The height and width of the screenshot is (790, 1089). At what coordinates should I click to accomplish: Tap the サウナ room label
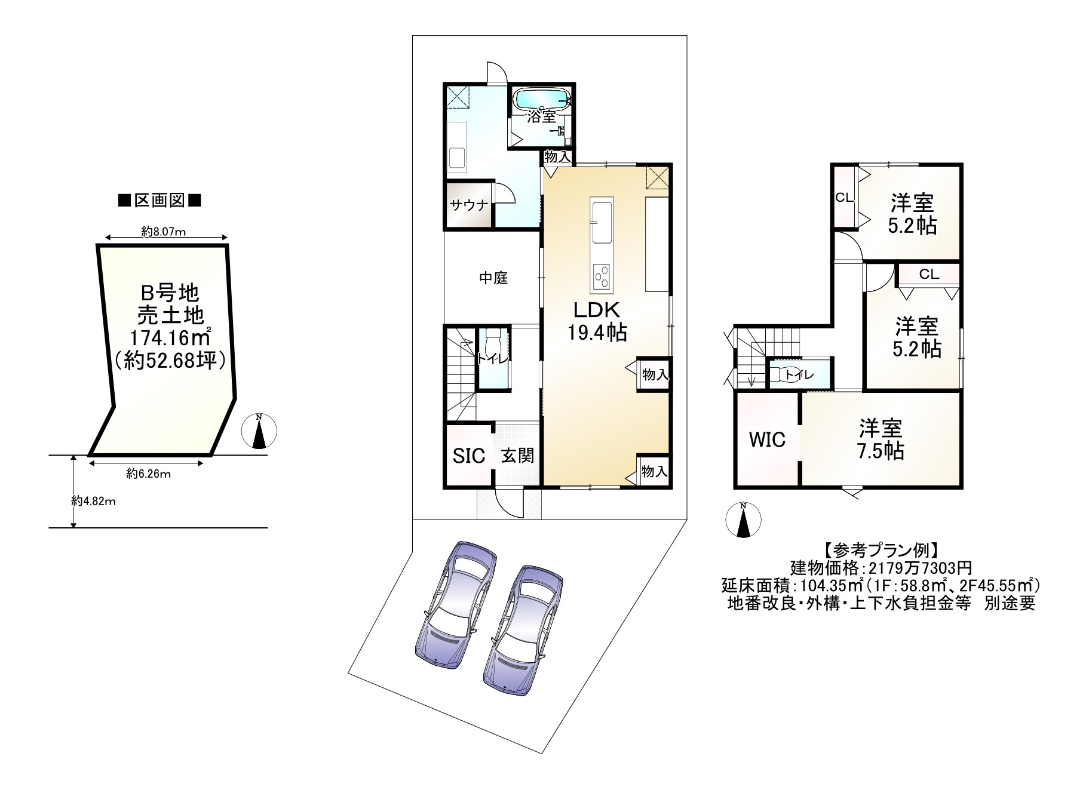pyautogui.click(x=469, y=205)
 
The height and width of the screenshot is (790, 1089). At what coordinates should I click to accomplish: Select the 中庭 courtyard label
pyautogui.click(x=493, y=278)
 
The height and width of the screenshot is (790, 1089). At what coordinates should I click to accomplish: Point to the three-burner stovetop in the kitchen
pyautogui.click(x=602, y=278)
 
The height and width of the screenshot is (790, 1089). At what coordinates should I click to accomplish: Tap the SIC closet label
pyautogui.click(x=469, y=456)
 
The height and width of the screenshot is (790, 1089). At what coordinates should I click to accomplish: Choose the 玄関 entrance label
pyautogui.click(x=517, y=456)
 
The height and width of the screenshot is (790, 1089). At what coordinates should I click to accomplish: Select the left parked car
pyautogui.click(x=455, y=604)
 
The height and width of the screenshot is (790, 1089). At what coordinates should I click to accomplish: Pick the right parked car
pyautogui.click(x=523, y=629)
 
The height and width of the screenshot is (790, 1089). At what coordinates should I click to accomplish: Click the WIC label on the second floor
pyautogui.click(x=767, y=439)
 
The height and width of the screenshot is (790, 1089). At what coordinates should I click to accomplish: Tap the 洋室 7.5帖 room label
pyautogui.click(x=881, y=439)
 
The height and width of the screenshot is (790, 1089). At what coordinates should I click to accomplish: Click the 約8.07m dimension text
pyautogui.click(x=163, y=232)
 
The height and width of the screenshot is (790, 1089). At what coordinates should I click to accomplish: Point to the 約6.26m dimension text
pyautogui.click(x=149, y=474)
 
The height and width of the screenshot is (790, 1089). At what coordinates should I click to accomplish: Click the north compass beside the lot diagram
pyautogui.click(x=259, y=431)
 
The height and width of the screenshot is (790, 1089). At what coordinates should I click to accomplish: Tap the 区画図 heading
pyautogui.click(x=159, y=201)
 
